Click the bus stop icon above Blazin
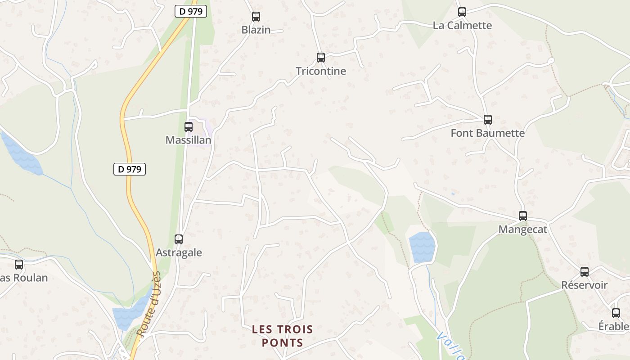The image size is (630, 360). coord(256,17)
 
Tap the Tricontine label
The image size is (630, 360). coord(321,71)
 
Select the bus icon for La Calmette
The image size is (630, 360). coord(462,12)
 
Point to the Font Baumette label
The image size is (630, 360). coord(488,133)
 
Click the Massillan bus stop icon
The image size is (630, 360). coord(189,127)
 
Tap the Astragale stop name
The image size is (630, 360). coord(179,253)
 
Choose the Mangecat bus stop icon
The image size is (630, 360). coord(523,216)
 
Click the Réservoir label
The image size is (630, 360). coord(584,285)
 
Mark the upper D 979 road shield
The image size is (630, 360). coord(191,12)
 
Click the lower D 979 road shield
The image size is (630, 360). coord(130,169)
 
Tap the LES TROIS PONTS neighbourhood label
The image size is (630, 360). coord(282,336)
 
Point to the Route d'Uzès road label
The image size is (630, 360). coord(149,304)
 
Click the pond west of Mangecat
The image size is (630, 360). coord(422,247)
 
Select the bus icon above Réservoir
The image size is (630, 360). coord(585,272)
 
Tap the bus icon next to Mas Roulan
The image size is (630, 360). coord(19,265)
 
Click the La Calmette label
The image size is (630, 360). coord(462,26)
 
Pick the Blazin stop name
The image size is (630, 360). coord(256,30)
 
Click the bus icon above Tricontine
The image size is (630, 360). coord(321,58)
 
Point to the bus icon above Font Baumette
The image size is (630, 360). coord(488,120)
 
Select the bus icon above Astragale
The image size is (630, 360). coord(179,239)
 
